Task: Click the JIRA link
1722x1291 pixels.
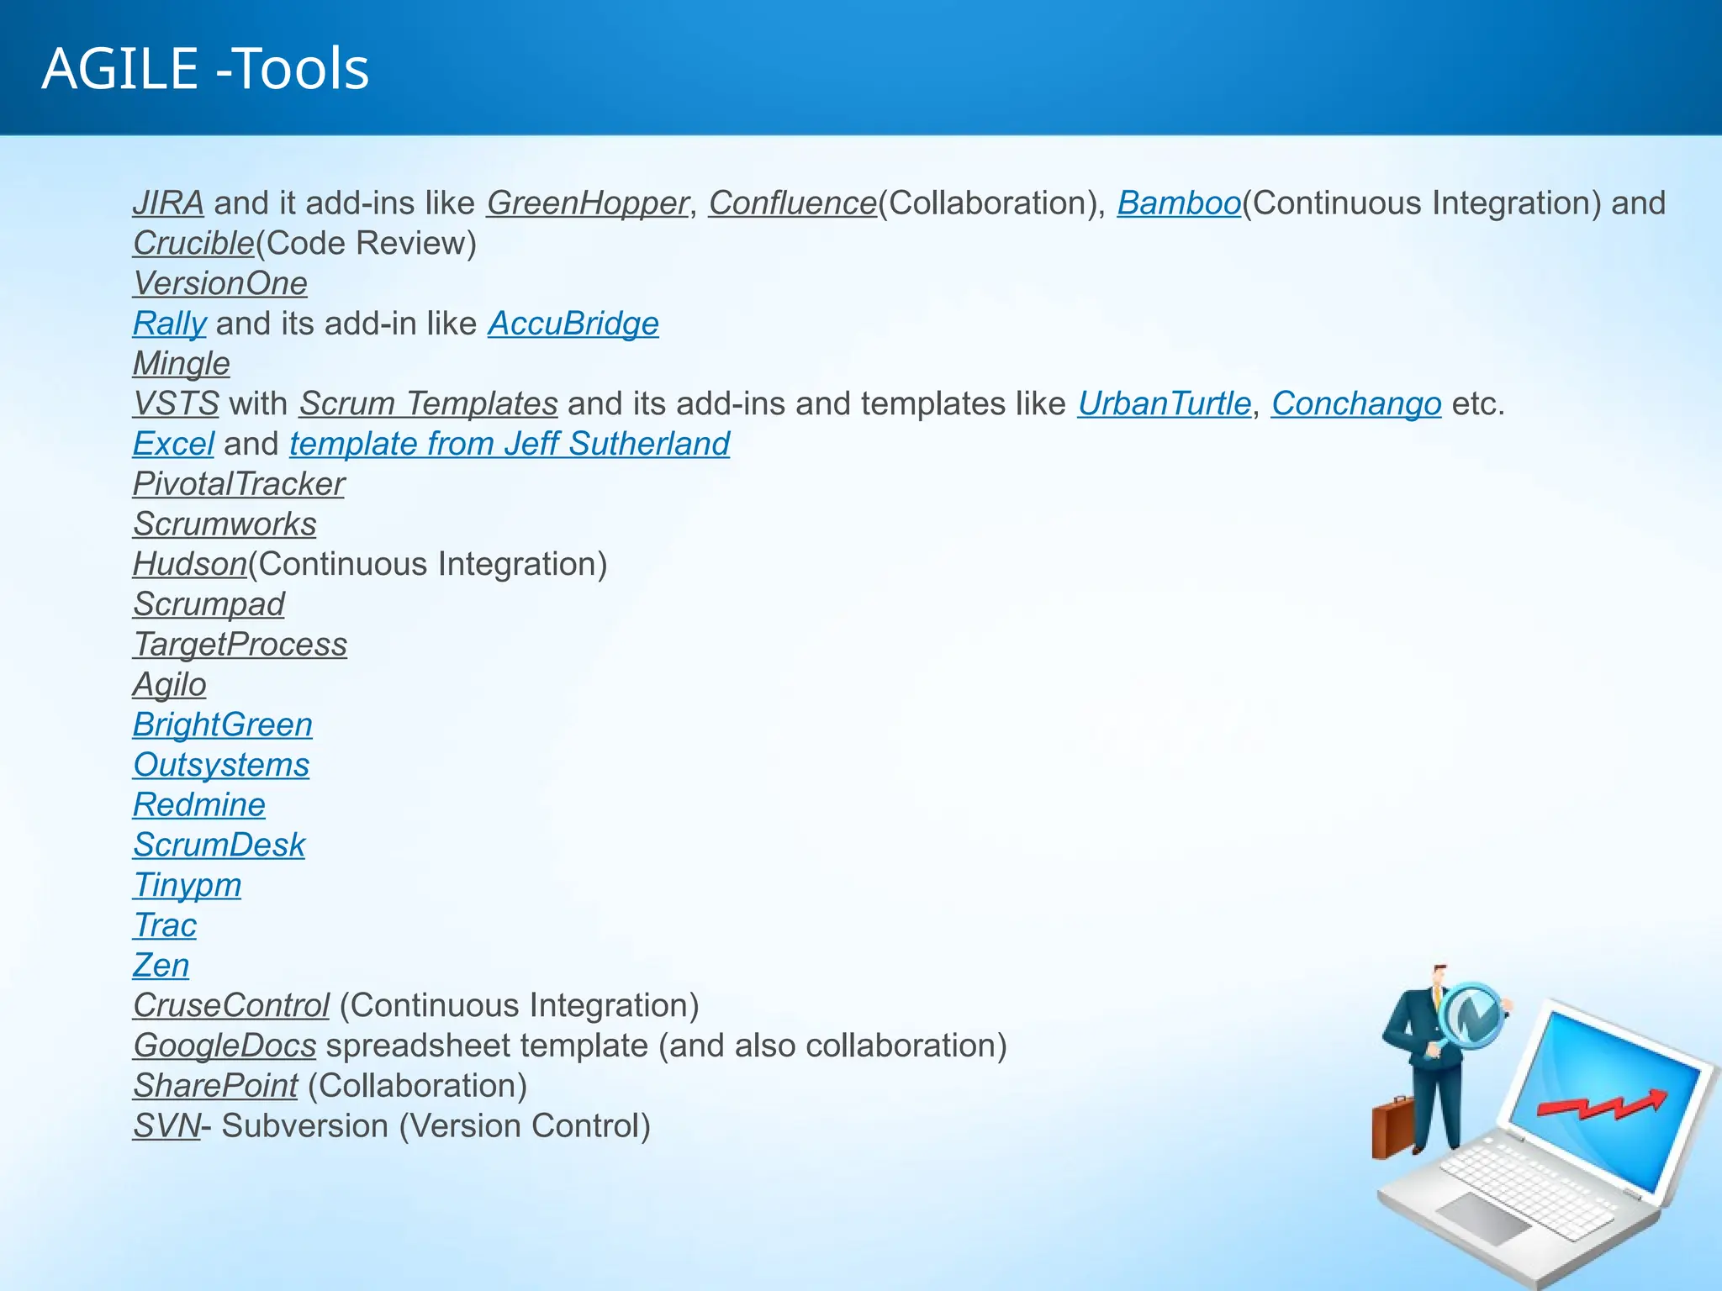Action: click(168, 203)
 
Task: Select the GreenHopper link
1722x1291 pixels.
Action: click(587, 203)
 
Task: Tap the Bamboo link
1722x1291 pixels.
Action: click(1179, 203)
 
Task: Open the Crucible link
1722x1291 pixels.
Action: click(193, 244)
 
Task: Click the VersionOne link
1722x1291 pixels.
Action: click(220, 284)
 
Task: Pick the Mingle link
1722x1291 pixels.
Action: click(182, 364)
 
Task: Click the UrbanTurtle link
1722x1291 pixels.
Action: click(1165, 404)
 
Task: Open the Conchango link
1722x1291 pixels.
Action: click(1356, 404)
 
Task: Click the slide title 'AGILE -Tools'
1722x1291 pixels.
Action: click(206, 69)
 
